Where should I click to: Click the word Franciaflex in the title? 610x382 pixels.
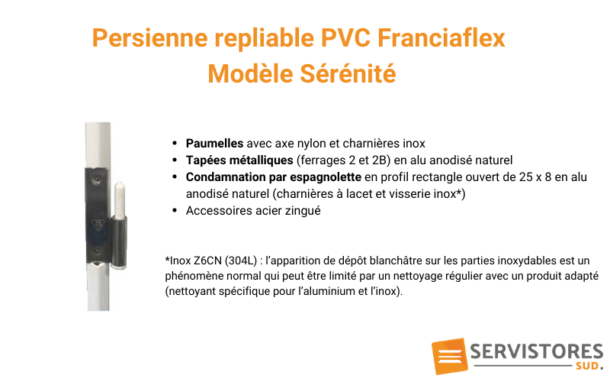(441, 38)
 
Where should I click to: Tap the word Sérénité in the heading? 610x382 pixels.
(348, 73)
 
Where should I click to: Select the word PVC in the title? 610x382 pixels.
(345, 38)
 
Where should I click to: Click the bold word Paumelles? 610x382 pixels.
(214, 143)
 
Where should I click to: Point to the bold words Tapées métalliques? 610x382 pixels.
(239, 160)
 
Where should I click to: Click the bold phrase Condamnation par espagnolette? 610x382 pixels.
(274, 177)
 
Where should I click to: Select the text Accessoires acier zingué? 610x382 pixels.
(253, 211)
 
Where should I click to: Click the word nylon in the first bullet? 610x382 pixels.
(311, 144)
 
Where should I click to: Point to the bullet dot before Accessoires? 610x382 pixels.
(175, 211)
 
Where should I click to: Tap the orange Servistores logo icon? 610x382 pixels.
(449, 356)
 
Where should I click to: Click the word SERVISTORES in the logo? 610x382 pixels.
(537, 351)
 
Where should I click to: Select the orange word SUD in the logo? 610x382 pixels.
(587, 366)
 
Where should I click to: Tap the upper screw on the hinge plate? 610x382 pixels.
(97, 180)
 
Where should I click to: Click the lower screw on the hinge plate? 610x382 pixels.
(98, 251)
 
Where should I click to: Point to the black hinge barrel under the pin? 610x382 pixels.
(119, 241)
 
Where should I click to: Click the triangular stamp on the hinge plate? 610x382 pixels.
(98, 225)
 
